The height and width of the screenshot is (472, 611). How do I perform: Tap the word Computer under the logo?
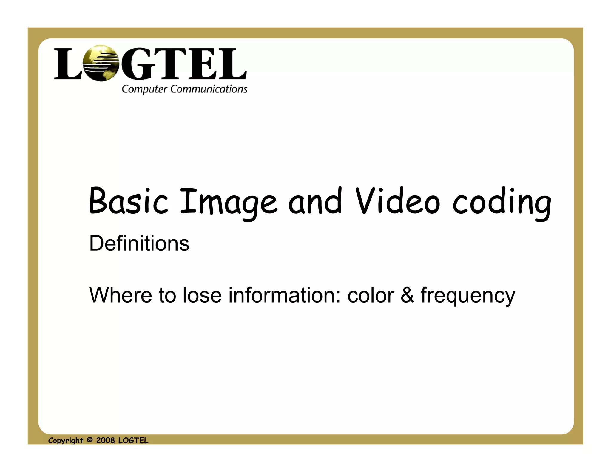pyautogui.click(x=144, y=89)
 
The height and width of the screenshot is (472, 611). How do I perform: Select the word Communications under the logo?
pyautogui.click(x=209, y=89)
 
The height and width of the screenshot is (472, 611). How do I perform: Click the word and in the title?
pyautogui.click(x=315, y=201)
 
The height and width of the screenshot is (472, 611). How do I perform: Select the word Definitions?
pyautogui.click(x=139, y=243)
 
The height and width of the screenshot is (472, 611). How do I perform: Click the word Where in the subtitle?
pyautogui.click(x=121, y=295)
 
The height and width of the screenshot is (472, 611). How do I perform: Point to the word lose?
pyautogui.click(x=202, y=295)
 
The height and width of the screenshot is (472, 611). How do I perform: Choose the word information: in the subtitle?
pyautogui.click(x=284, y=295)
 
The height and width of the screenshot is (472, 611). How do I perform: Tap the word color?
pyautogui.click(x=371, y=295)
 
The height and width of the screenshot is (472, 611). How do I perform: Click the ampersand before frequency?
pyautogui.click(x=407, y=295)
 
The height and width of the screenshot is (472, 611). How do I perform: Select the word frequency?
pyautogui.click(x=467, y=296)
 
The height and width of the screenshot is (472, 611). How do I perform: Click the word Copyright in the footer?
pyautogui.click(x=66, y=441)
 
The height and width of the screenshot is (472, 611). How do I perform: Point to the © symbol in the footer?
pyautogui.click(x=90, y=440)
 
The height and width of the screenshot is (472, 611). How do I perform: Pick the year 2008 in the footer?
pyautogui.click(x=105, y=440)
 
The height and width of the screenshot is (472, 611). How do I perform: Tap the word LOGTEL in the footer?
pyautogui.click(x=133, y=440)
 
